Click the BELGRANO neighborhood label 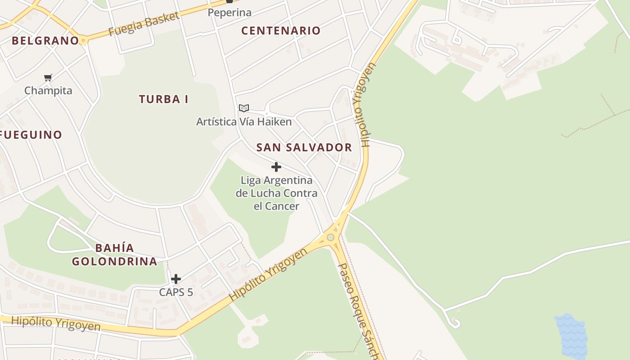(45, 40)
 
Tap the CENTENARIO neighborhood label (281, 31)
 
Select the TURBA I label (163, 99)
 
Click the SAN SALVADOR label (304, 148)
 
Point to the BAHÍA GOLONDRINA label (115, 255)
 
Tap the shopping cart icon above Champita (48, 77)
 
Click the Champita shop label (48, 90)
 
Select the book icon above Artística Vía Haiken (244, 108)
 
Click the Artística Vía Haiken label (244, 121)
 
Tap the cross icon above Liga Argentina (276, 167)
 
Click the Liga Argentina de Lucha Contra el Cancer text (276, 193)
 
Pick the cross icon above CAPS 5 (176, 279)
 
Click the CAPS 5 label (176, 292)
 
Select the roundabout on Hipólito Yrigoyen (331, 237)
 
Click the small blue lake (571, 335)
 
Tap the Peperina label (229, 13)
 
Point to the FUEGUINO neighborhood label (31, 135)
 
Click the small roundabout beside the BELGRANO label (83, 40)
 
